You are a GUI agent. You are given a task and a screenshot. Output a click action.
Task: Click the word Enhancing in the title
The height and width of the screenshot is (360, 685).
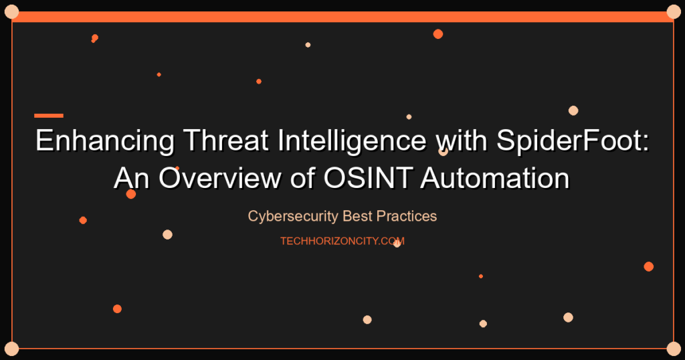105,141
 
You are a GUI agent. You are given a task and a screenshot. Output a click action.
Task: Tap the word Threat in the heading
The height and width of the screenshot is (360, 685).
225,140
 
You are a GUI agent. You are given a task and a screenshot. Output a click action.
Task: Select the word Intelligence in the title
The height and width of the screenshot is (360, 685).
352,141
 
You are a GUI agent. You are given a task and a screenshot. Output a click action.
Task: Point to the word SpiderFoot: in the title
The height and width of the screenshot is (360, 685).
573,141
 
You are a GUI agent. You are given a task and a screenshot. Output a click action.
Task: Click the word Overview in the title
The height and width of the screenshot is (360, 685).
219,178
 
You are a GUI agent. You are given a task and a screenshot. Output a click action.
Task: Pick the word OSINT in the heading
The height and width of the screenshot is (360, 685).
368,178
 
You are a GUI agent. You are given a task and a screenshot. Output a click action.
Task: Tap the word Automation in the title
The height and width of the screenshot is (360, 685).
495,178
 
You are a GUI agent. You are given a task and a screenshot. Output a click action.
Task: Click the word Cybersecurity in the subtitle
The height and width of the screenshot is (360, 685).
293,216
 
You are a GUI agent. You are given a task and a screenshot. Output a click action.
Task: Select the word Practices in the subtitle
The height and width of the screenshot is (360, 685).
406,216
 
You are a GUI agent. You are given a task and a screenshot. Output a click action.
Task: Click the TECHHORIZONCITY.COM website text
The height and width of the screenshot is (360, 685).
342,241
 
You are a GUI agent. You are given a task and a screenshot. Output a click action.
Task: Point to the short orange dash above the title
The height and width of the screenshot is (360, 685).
49,116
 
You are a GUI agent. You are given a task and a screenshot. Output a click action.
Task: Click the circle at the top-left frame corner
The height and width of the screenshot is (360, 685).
11,12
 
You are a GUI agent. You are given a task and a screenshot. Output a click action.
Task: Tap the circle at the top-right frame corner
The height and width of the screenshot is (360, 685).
674,12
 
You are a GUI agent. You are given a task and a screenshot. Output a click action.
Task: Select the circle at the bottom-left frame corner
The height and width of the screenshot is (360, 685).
11,349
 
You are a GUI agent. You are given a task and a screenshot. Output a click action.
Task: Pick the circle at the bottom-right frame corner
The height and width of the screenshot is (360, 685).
674,349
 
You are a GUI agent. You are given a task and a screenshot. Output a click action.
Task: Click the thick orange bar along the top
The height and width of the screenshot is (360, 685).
342,17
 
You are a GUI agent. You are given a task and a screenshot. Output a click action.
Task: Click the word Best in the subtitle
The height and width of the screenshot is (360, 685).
357,216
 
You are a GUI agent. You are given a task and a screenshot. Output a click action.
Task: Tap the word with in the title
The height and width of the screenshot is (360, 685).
462,140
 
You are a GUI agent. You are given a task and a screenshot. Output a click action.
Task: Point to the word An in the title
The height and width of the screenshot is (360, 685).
132,178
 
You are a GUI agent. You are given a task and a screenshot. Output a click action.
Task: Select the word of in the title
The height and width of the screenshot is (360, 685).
302,178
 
